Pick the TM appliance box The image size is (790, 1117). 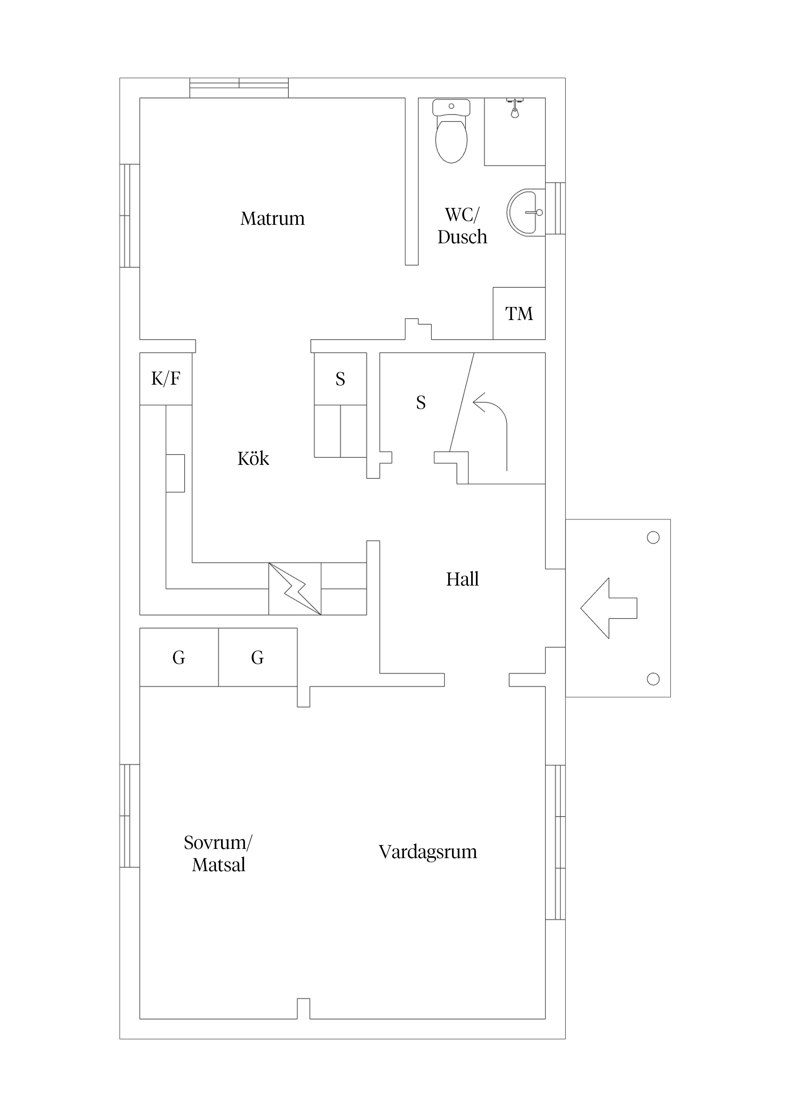click(519, 313)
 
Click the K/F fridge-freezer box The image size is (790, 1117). click(166, 379)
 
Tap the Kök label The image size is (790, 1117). click(253, 459)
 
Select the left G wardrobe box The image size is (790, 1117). click(179, 658)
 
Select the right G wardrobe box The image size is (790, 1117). click(257, 658)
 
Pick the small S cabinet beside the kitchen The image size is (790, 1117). click(340, 379)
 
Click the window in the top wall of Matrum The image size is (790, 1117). click(239, 88)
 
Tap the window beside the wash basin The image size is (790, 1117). click(555, 208)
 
